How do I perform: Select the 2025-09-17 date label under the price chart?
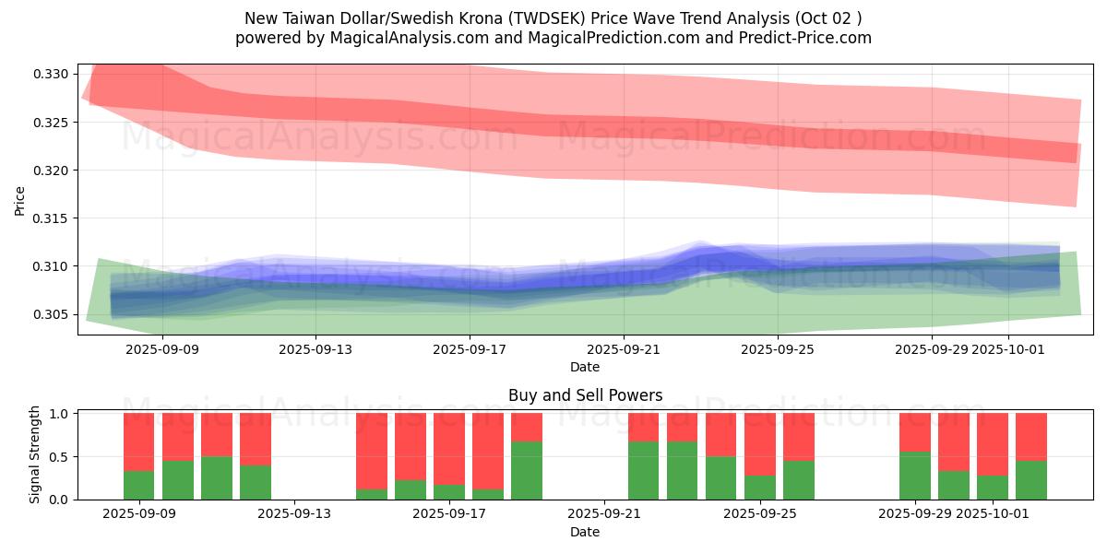pyautogui.click(x=470, y=349)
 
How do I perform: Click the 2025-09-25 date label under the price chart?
pyautogui.click(x=778, y=349)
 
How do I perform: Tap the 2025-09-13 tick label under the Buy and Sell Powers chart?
pyautogui.click(x=294, y=514)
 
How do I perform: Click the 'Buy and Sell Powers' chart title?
pyautogui.click(x=585, y=395)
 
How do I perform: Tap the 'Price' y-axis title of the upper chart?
pyautogui.click(x=20, y=200)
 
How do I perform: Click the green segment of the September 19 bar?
pyautogui.click(x=527, y=470)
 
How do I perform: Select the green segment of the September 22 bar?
pyautogui.click(x=644, y=470)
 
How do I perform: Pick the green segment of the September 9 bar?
pyautogui.click(x=138, y=485)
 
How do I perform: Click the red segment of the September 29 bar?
pyautogui.click(x=915, y=432)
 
